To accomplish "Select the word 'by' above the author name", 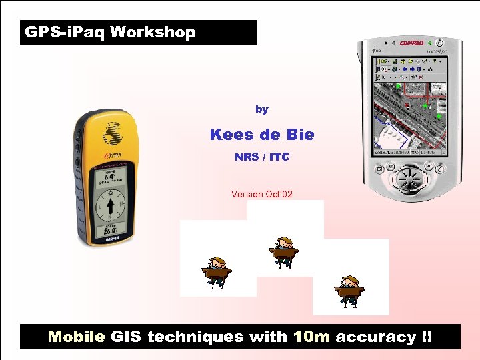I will point(261,109).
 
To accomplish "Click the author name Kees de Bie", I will point(261,135).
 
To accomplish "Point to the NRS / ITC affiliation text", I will point(261,158).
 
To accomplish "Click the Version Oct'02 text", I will point(261,194).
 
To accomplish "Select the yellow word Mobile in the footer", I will point(77,337).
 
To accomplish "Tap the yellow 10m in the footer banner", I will point(311,337).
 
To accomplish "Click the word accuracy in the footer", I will point(375,337).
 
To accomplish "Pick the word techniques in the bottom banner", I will point(195,337).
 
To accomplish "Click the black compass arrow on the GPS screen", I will point(111,203).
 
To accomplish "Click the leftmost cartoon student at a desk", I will point(217,272).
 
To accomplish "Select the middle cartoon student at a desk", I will point(283,252).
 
